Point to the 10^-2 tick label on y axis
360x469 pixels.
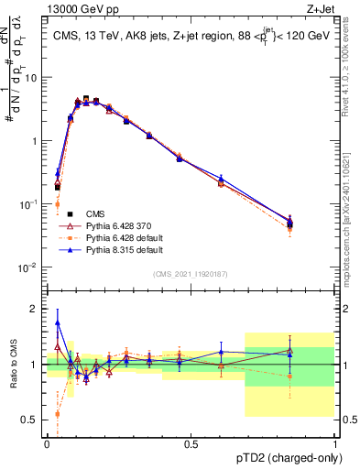point(28,267)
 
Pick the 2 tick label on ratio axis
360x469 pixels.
point(35,309)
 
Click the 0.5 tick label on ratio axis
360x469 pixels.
point(31,420)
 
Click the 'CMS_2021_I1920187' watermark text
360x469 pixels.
point(191,274)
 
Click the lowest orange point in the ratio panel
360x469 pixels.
point(57,413)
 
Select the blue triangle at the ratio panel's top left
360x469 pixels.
point(57,322)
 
